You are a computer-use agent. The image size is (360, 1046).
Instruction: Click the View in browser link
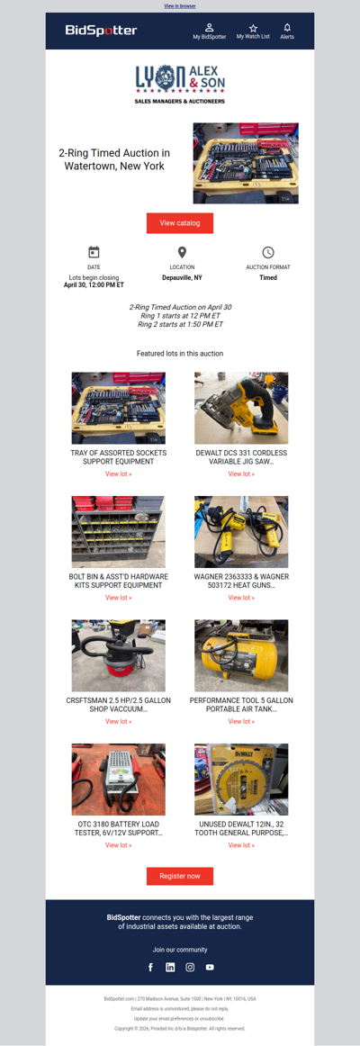pos(180,6)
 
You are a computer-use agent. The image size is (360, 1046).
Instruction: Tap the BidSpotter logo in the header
pos(101,31)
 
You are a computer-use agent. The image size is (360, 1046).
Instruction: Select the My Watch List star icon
pos(253,29)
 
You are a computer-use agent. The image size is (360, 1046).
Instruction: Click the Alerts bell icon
pos(287,28)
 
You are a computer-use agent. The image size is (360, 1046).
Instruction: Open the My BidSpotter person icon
pos(210,29)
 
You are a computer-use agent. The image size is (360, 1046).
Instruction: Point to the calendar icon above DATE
pos(94,253)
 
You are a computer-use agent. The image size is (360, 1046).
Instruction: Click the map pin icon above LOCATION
pos(182,253)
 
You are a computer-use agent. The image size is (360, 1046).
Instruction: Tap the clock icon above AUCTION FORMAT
pos(268,253)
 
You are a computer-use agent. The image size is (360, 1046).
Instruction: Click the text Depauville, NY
pos(182,278)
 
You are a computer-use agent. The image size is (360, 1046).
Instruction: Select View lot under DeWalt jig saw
pos(241,473)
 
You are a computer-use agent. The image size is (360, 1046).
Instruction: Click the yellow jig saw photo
pos(241,408)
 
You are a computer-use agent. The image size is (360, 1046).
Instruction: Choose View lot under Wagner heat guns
pos(241,598)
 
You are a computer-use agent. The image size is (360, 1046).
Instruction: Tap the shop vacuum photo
pos(119,654)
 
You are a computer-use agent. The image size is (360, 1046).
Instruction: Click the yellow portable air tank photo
pos(241,654)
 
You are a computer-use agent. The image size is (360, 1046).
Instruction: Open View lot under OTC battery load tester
pos(119,845)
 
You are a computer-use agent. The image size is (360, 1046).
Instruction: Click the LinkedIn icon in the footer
pos(170,967)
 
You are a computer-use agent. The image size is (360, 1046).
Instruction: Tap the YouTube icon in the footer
pos(210,967)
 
